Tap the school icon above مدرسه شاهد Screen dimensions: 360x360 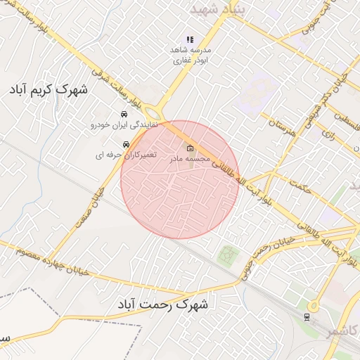188,39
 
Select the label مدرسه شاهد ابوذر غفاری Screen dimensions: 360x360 188,56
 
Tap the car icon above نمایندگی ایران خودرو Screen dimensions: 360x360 124,114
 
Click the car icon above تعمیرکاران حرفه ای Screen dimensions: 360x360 126,144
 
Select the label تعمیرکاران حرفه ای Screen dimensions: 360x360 126,155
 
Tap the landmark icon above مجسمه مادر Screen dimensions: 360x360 190,148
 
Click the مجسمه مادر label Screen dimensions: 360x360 190,160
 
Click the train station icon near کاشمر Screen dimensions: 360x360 307,316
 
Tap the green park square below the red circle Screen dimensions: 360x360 226,255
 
